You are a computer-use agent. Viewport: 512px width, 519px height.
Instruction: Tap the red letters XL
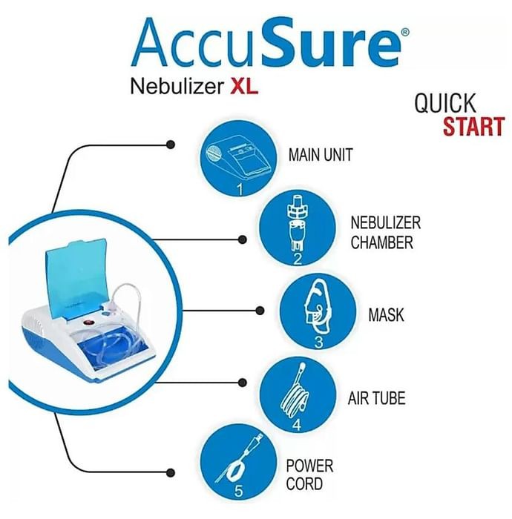(x=244, y=86)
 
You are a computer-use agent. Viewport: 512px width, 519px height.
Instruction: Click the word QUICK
(x=444, y=103)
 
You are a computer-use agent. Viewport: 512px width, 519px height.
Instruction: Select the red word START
(x=474, y=127)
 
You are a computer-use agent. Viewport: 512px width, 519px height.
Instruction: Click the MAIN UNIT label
(x=321, y=154)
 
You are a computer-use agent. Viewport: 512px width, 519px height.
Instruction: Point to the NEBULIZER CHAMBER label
(x=386, y=232)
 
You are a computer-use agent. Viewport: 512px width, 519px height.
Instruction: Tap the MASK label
(x=386, y=314)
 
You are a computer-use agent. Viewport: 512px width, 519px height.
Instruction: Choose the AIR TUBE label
(x=376, y=398)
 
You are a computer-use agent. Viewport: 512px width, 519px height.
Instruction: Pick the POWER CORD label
(x=309, y=475)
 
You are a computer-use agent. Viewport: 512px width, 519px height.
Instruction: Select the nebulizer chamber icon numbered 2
(x=298, y=228)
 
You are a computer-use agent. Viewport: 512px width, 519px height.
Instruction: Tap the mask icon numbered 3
(x=318, y=311)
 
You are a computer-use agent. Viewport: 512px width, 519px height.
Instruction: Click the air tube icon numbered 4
(x=298, y=395)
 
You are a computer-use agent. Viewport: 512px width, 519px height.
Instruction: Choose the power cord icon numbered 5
(x=238, y=463)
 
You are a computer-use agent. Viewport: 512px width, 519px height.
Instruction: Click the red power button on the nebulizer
(x=89, y=322)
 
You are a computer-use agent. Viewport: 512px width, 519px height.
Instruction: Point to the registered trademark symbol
(x=405, y=32)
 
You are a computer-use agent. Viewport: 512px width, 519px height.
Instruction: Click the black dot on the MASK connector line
(x=260, y=311)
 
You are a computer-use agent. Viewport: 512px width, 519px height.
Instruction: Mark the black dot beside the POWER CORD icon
(x=171, y=472)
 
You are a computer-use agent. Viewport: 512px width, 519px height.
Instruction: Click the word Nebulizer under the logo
(x=177, y=87)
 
